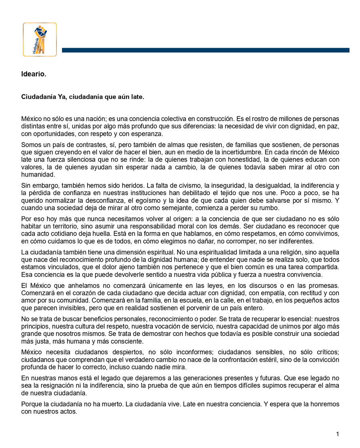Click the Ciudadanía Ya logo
tap(40, 39)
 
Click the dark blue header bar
tap(205, 50)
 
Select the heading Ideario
tap(34, 74)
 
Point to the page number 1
tap(338, 434)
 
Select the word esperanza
tap(145, 134)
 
